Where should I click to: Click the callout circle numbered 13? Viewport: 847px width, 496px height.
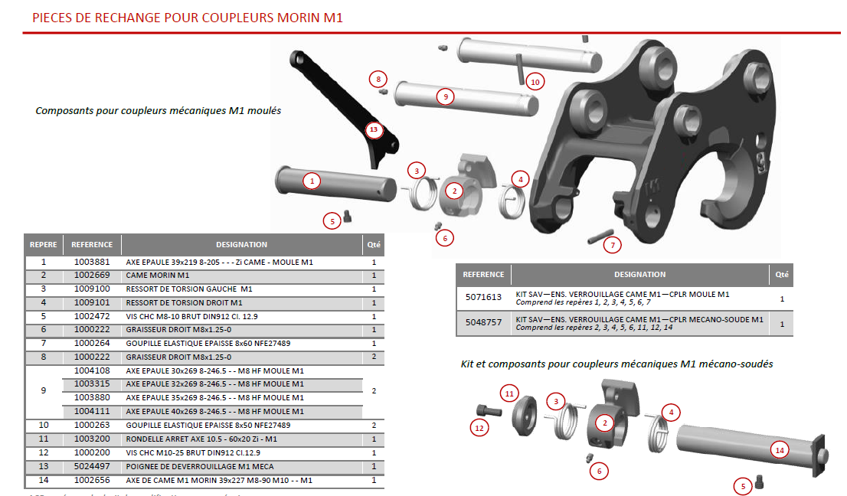pos(374,130)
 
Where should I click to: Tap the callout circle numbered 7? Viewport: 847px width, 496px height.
pos(612,245)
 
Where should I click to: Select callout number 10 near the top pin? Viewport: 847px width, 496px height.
pos(535,81)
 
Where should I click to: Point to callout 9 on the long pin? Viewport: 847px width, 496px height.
pos(444,96)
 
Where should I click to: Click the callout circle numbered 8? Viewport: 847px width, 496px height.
pos(378,78)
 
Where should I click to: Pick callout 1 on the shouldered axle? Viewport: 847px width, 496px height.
pos(312,181)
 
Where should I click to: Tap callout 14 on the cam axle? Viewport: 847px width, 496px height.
pos(780,450)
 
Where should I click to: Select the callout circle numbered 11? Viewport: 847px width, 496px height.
pos(510,393)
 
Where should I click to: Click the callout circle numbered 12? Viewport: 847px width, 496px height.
pos(479,428)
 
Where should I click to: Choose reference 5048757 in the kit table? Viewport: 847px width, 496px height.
pos(483,322)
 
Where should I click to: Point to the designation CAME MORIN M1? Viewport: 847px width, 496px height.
pos(157,275)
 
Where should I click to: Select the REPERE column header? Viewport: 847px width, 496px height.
pos(43,245)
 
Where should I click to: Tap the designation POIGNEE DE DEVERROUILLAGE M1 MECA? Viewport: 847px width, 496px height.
pos(199,466)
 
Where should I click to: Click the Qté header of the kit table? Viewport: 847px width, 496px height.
pos(781,274)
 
